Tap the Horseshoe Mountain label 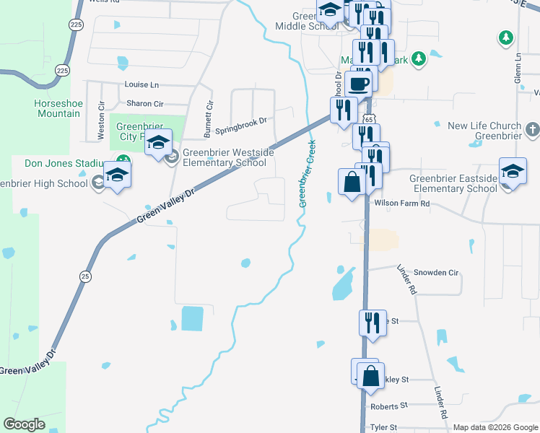[x=57, y=108]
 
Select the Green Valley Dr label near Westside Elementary [x=166, y=206]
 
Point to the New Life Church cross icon [x=532, y=131]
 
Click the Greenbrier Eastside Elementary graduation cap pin [x=513, y=172]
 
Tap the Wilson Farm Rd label [x=401, y=204]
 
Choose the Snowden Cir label [x=436, y=273]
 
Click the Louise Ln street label [x=141, y=84]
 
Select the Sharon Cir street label [x=145, y=104]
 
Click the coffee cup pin [x=358, y=83]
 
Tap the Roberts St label [x=389, y=406]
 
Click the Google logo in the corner [x=24, y=424]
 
